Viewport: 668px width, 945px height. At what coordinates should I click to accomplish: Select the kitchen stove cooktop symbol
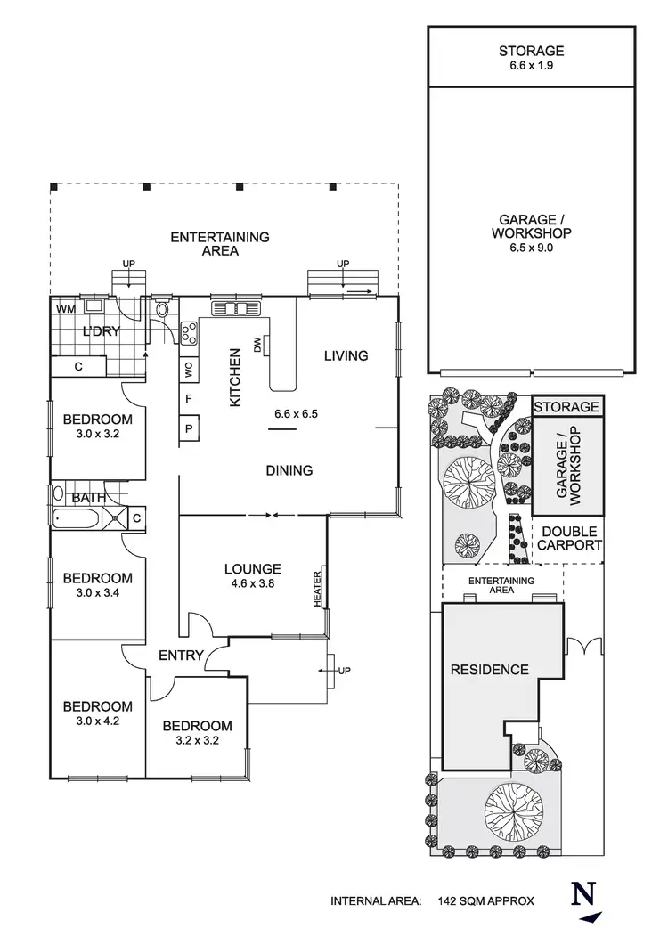pos(189,333)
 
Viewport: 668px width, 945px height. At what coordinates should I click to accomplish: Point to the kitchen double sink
pos(236,308)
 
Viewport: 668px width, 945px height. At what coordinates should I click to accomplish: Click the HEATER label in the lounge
pos(317,589)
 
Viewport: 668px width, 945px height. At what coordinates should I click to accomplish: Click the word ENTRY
pos(182,656)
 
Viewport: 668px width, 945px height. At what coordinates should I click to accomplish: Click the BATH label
pos(88,497)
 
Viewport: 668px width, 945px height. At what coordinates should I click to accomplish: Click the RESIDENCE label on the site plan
pos(489,670)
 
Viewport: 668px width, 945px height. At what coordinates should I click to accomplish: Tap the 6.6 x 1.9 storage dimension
pos(532,66)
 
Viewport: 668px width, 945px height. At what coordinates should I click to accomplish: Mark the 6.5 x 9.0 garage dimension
pos(532,248)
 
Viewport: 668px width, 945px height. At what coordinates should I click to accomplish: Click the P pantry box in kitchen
pos(190,428)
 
